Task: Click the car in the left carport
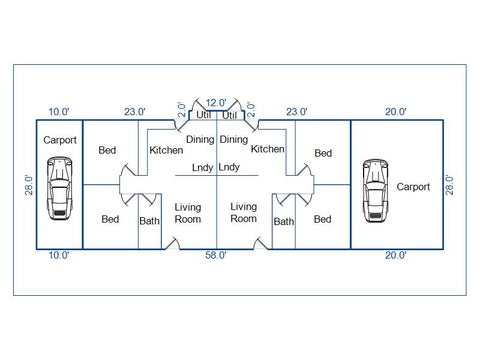(x=60, y=188)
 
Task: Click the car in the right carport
(x=375, y=191)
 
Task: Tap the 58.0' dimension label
(x=216, y=256)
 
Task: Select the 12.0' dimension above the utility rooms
(x=216, y=103)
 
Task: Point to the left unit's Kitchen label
(x=166, y=150)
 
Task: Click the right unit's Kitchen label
(x=268, y=149)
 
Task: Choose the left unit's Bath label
(x=149, y=221)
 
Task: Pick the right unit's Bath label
(x=284, y=222)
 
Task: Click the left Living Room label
(x=188, y=213)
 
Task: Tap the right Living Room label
(x=244, y=213)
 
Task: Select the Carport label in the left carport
(x=60, y=140)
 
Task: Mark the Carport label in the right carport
(x=413, y=187)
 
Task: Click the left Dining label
(x=200, y=140)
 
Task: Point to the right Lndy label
(x=229, y=167)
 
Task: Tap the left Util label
(x=203, y=115)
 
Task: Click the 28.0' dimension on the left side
(x=29, y=185)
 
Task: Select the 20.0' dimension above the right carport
(x=396, y=112)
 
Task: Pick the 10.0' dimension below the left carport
(x=59, y=256)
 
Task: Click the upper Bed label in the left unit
(x=107, y=150)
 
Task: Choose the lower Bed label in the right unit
(x=323, y=219)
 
